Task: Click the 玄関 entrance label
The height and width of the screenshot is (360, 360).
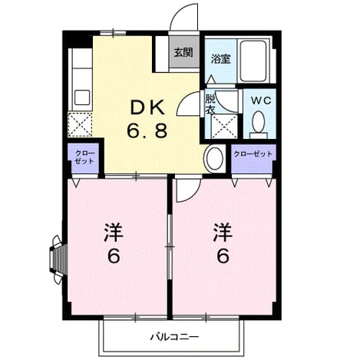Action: click(x=183, y=52)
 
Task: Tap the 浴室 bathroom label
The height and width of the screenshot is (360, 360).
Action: click(x=221, y=59)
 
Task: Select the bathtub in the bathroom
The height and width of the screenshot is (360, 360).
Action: click(x=253, y=61)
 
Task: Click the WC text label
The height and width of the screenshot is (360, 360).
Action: click(x=261, y=101)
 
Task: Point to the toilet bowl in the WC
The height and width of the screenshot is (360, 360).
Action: click(x=258, y=122)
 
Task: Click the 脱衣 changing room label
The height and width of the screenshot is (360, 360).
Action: click(x=210, y=104)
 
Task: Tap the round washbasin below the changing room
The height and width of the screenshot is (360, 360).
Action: click(x=215, y=158)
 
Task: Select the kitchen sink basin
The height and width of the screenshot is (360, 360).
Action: click(x=82, y=97)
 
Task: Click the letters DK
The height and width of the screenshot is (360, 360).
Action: click(x=147, y=107)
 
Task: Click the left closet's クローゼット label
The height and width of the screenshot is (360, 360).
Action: click(x=84, y=157)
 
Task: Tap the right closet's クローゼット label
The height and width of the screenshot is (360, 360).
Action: click(x=253, y=154)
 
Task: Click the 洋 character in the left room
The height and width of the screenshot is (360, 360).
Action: click(x=114, y=233)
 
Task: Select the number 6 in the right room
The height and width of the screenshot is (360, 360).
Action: click(x=223, y=256)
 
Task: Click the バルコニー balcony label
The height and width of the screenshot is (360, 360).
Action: click(x=174, y=337)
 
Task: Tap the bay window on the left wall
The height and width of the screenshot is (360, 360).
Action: click(x=58, y=259)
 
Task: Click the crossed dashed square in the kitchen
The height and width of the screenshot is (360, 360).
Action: click(x=80, y=124)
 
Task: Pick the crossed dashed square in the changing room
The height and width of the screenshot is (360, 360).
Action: click(x=224, y=127)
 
